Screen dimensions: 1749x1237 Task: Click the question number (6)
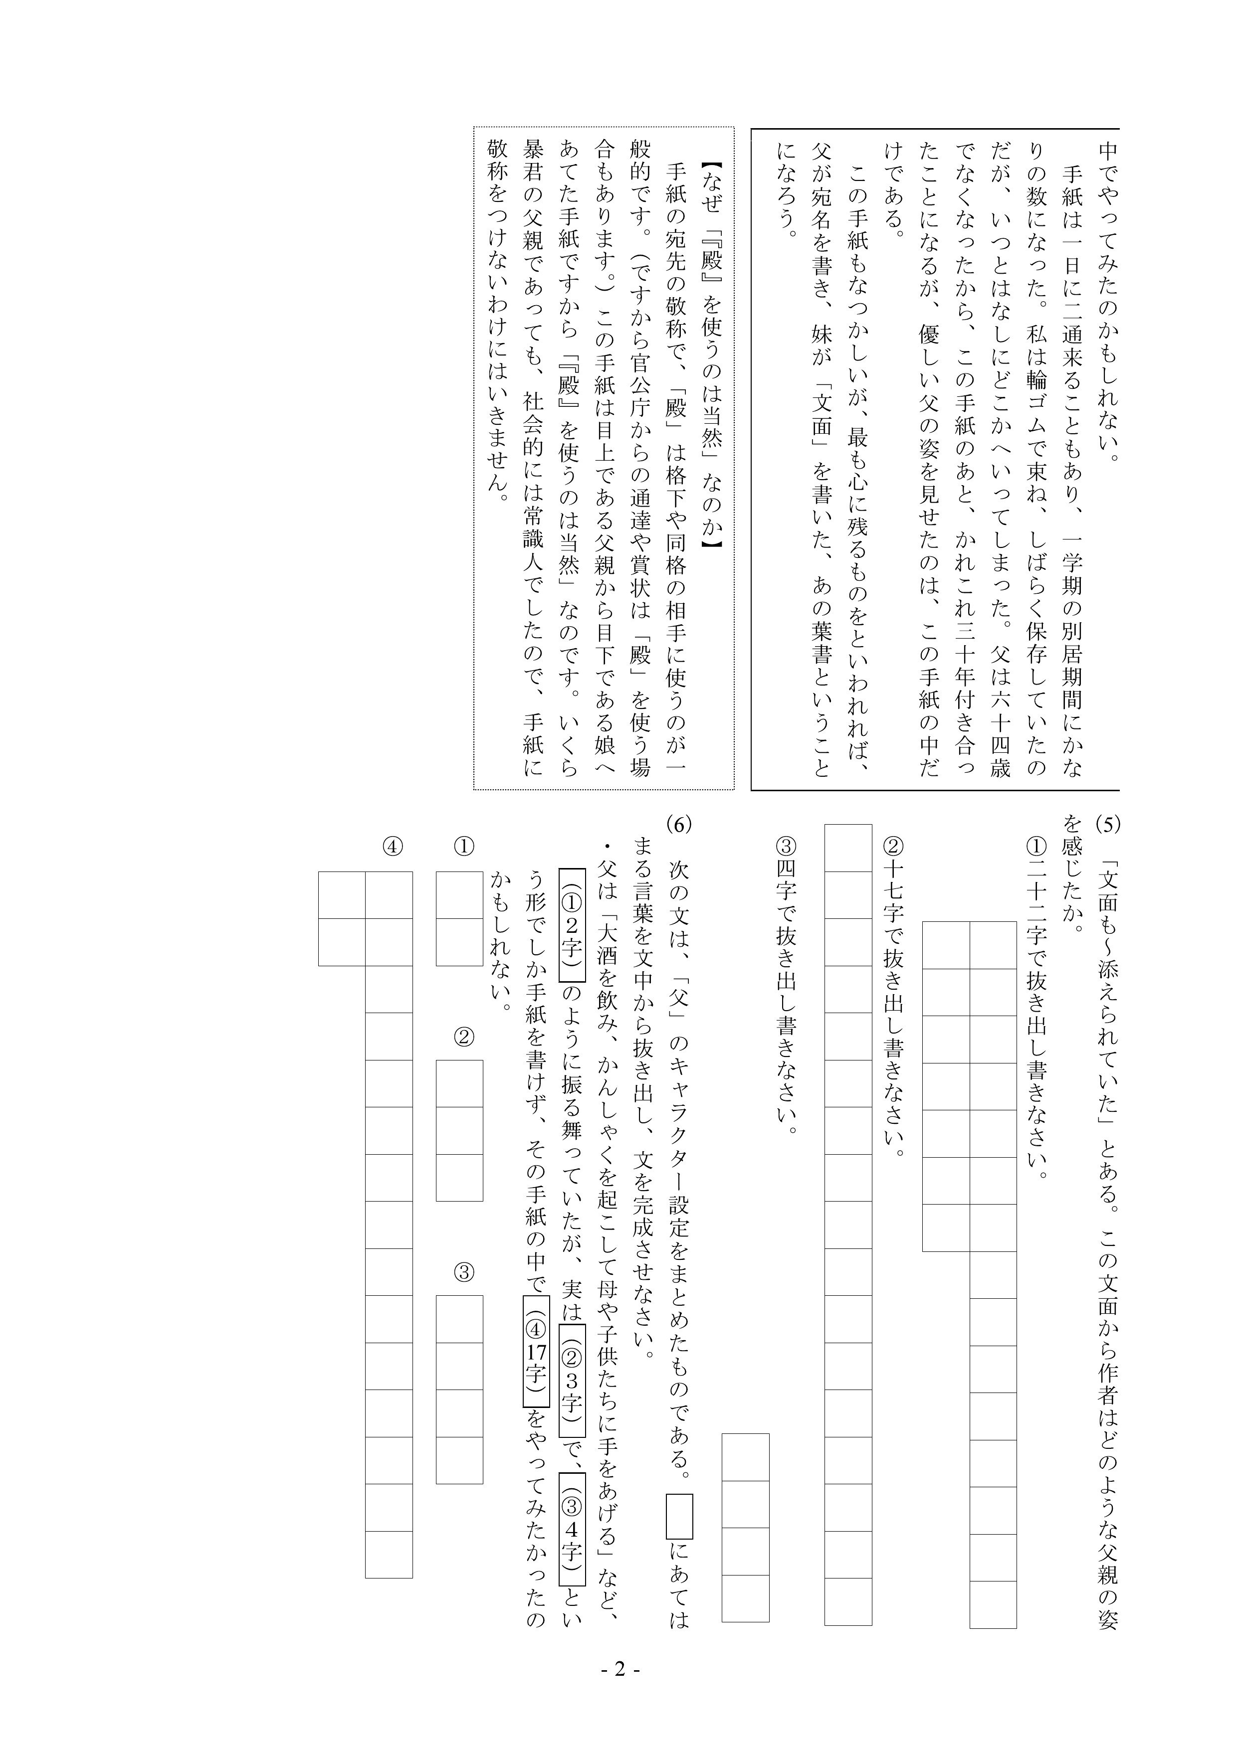(x=677, y=824)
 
